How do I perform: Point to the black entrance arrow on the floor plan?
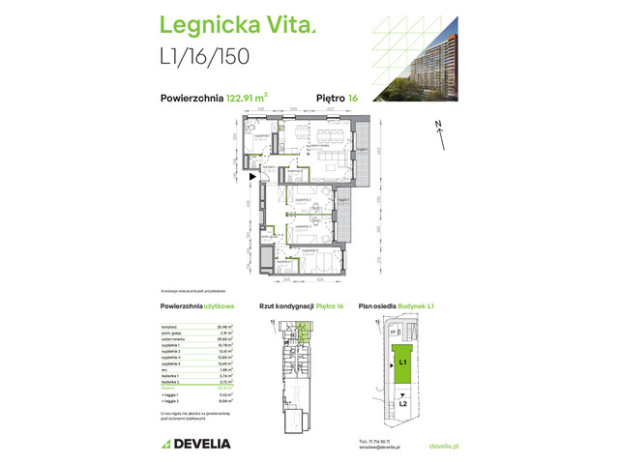[x=253, y=177]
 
